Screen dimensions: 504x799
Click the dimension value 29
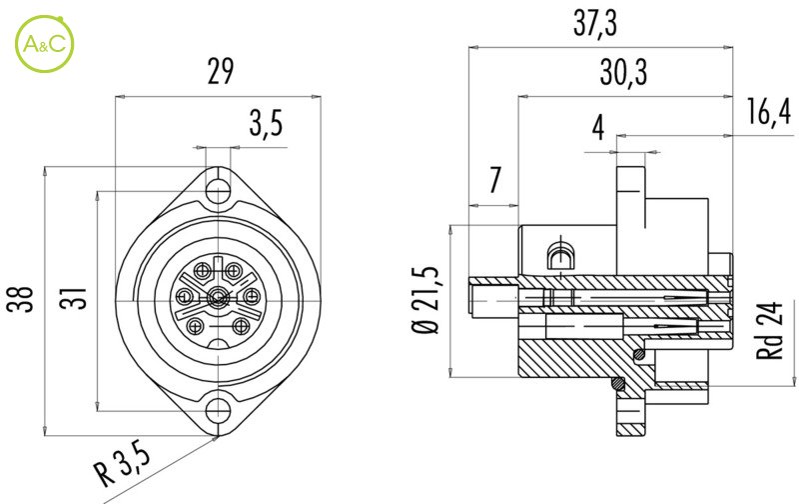[x=220, y=71]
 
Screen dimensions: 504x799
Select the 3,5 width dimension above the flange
[x=266, y=124]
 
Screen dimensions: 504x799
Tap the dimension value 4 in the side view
[x=597, y=128]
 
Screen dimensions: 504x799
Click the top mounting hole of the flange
[x=219, y=188]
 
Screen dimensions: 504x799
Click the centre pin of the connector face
[x=219, y=297]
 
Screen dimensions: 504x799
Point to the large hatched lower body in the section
[x=574, y=355]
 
